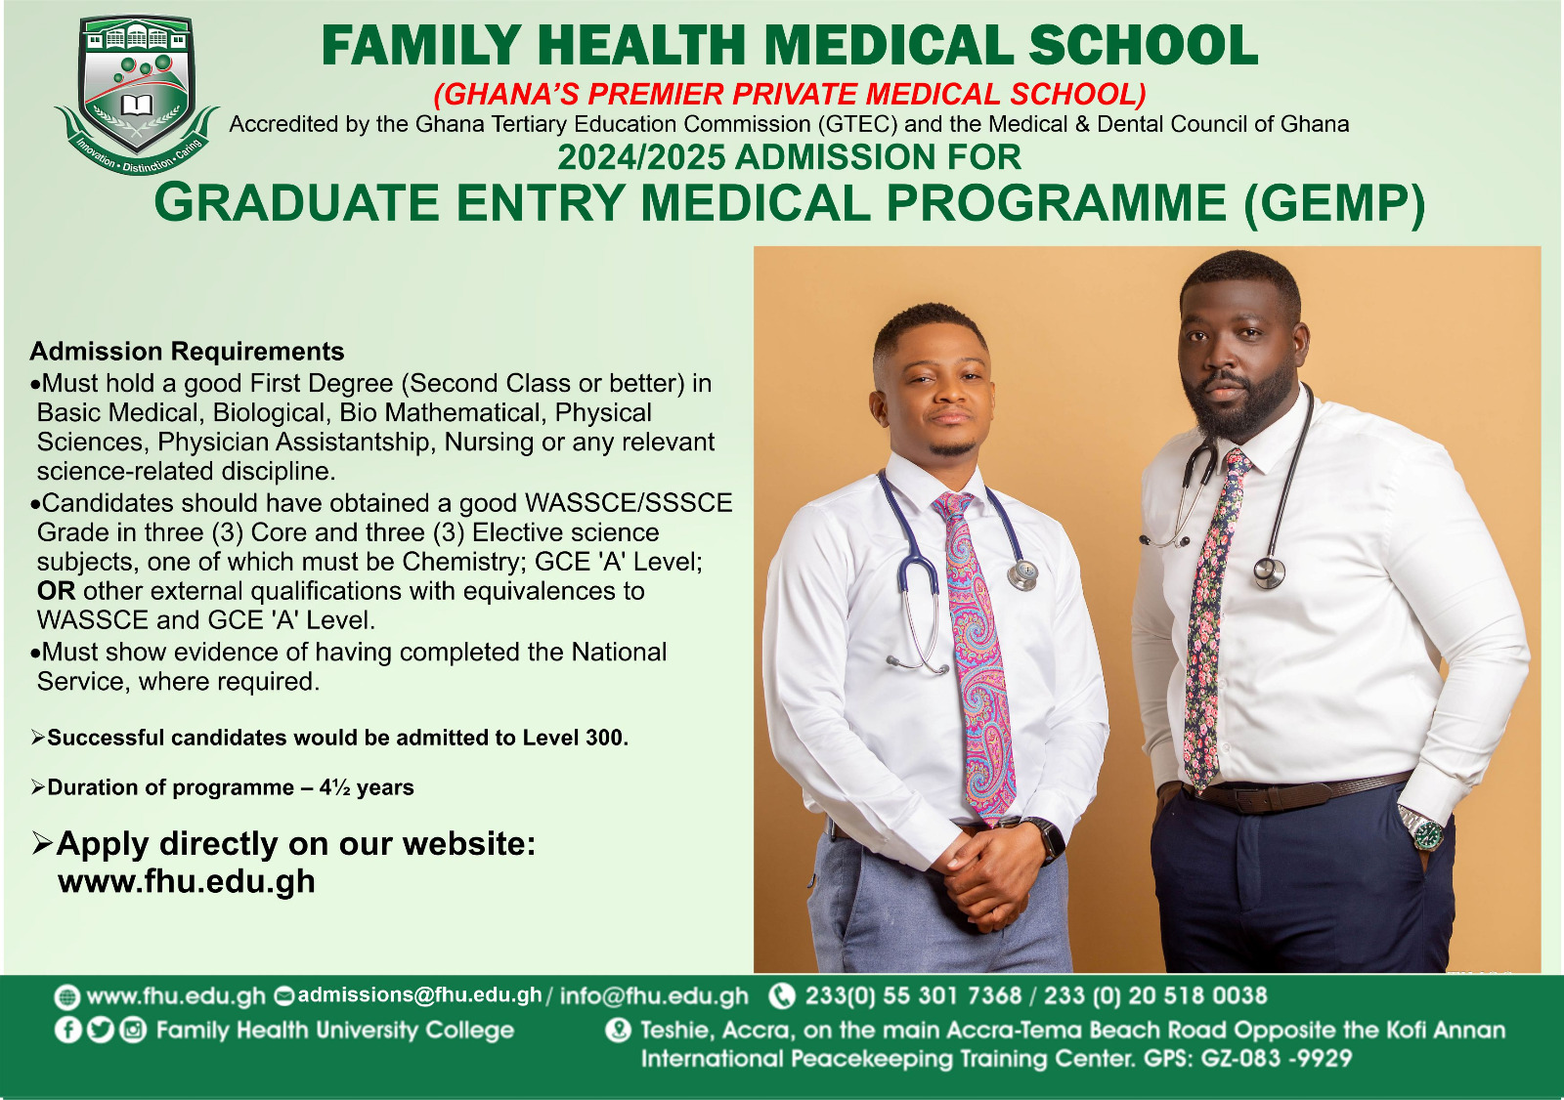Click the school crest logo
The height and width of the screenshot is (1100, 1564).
click(x=137, y=94)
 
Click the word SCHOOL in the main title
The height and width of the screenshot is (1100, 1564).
click(x=1143, y=45)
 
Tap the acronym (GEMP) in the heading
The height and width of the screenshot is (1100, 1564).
click(x=1334, y=204)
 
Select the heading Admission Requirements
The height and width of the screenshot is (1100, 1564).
click(x=187, y=351)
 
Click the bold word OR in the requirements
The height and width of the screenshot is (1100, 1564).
click(x=56, y=591)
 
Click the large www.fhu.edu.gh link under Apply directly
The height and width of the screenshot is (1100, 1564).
click(x=187, y=881)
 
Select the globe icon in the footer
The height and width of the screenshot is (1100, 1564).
click(x=66, y=997)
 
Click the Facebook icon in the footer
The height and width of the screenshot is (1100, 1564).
click(x=67, y=1031)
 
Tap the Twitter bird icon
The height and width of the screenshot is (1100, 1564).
click(x=101, y=1031)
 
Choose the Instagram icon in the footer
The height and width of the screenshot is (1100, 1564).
click(x=133, y=1031)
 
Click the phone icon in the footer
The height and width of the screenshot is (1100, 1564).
click(x=782, y=996)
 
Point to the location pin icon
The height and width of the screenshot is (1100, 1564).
click(x=618, y=1031)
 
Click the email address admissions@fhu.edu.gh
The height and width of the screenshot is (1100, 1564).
click(x=419, y=995)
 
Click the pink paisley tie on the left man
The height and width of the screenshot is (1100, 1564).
click(x=976, y=656)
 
